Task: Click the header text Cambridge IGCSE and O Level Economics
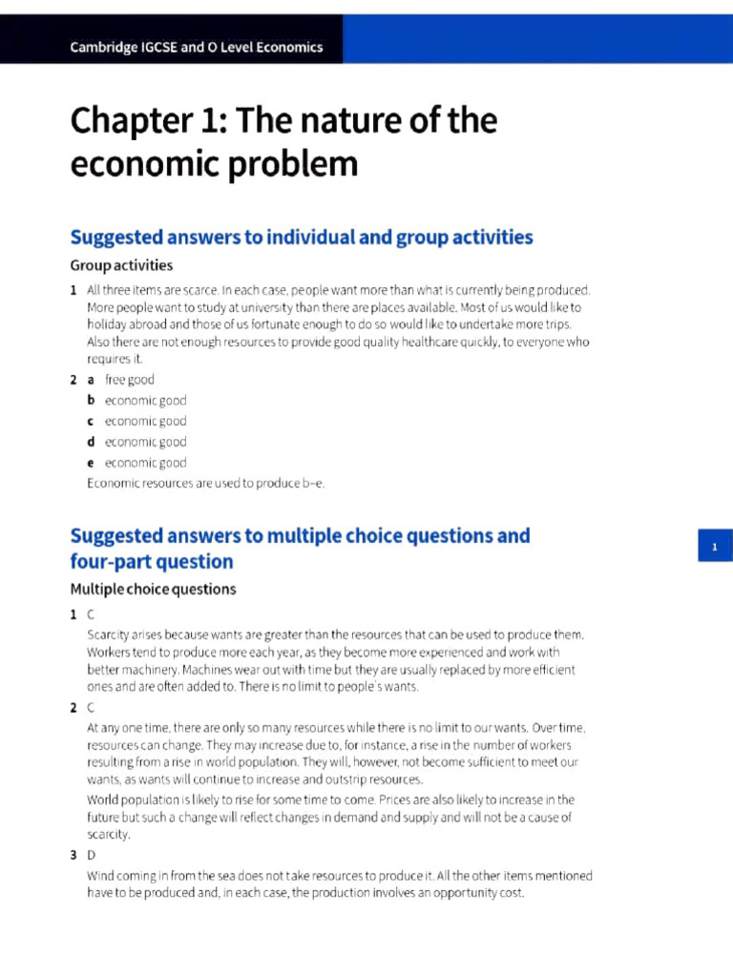(x=197, y=47)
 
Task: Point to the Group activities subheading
(x=121, y=265)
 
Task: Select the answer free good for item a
(x=129, y=380)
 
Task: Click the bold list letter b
(x=92, y=401)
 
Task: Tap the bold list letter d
(x=92, y=442)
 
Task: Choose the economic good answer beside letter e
(x=145, y=463)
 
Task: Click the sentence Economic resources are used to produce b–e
(x=205, y=483)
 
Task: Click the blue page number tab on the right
(x=714, y=547)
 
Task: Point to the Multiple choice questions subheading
(x=153, y=589)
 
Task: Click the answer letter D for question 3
(x=92, y=855)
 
